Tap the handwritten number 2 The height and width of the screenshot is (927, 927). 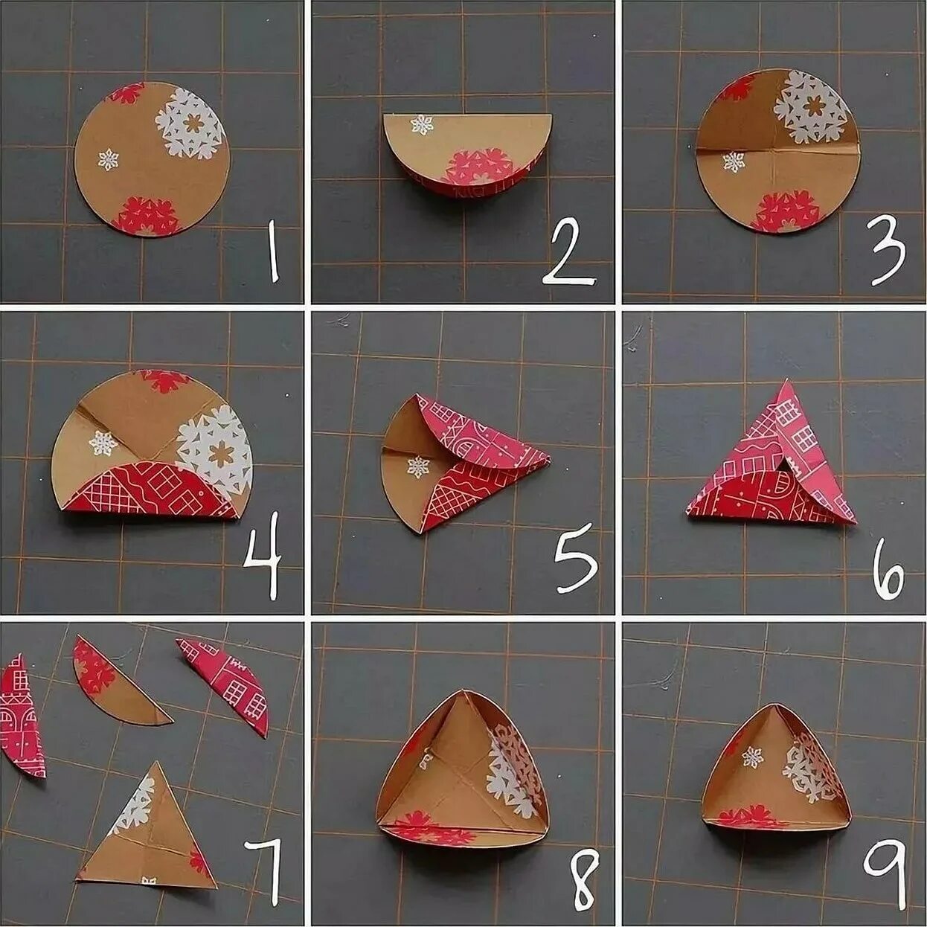click(x=570, y=251)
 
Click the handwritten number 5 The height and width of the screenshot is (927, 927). click(x=576, y=564)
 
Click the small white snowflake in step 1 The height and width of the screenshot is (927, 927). click(x=108, y=159)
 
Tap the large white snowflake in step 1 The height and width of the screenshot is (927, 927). click(x=190, y=124)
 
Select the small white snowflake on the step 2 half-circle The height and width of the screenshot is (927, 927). click(x=421, y=124)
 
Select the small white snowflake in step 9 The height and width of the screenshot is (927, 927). click(x=752, y=757)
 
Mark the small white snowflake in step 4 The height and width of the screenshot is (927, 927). click(x=103, y=443)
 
